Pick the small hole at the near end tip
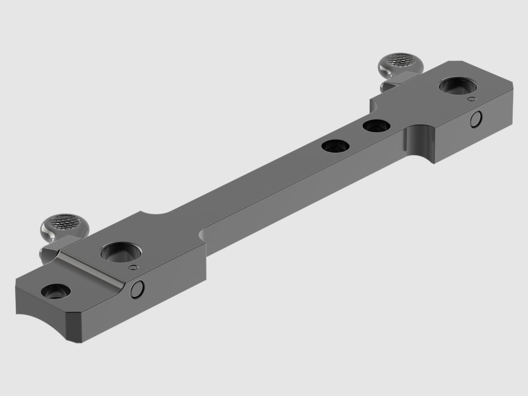pyautogui.click(x=55, y=291)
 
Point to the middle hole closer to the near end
pyautogui.click(x=336, y=147)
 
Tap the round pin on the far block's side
pyautogui.click(x=476, y=120)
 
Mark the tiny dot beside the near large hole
pyautogui.click(x=134, y=267)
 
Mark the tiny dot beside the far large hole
pyautogui.click(x=472, y=99)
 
